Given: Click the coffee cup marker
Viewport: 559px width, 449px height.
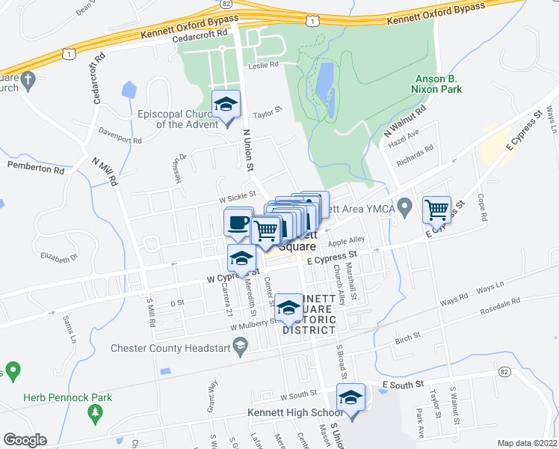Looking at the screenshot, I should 238,223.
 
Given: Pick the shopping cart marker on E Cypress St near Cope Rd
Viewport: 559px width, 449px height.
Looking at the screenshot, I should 436,209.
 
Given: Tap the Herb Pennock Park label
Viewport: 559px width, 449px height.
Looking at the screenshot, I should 67,397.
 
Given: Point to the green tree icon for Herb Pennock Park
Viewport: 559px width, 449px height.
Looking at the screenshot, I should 95,412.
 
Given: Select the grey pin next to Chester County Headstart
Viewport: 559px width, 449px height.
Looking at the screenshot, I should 240,344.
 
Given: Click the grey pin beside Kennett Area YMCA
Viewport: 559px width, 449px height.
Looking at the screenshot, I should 405,204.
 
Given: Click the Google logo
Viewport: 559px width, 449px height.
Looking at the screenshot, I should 25,440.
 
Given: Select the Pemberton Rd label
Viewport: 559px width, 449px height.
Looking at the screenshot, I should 36,169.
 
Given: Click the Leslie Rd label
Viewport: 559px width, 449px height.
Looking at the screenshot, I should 263,65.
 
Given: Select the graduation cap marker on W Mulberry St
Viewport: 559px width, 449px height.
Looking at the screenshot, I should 288,308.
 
